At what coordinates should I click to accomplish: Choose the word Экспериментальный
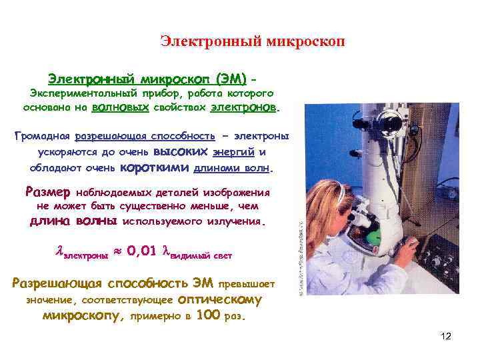pos(77,93)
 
